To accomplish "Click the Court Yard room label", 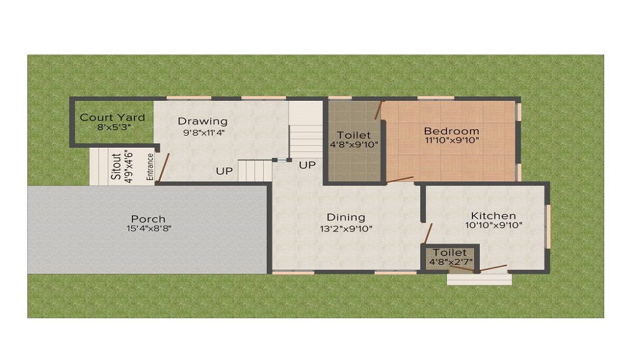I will (112, 117).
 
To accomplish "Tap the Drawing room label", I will (202, 121).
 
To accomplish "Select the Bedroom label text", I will (451, 131).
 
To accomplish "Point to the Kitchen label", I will (494, 215).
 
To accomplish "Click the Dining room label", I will (346, 217).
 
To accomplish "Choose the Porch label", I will (148, 219).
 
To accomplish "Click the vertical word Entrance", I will (150, 167).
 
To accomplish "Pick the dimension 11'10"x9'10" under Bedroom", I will (451, 141).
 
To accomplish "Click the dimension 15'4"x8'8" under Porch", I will (148, 229).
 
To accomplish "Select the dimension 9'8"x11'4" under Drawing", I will (202, 133).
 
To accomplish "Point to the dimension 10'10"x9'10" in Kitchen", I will (494, 225).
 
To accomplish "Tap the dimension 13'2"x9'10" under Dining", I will (346, 228).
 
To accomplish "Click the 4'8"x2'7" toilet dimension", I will (451, 262).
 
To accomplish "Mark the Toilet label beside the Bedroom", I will (354, 135).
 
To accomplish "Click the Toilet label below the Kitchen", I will (450, 252).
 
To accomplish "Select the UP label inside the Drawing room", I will (224, 170).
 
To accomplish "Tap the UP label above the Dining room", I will (307, 165).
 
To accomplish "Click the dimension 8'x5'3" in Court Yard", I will (112, 127).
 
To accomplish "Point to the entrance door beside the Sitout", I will (163, 168).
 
